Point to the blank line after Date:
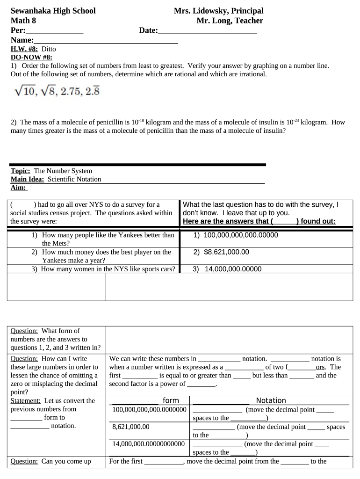208,31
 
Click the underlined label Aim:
18,188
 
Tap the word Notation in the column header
271,400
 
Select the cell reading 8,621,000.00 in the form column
131,427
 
